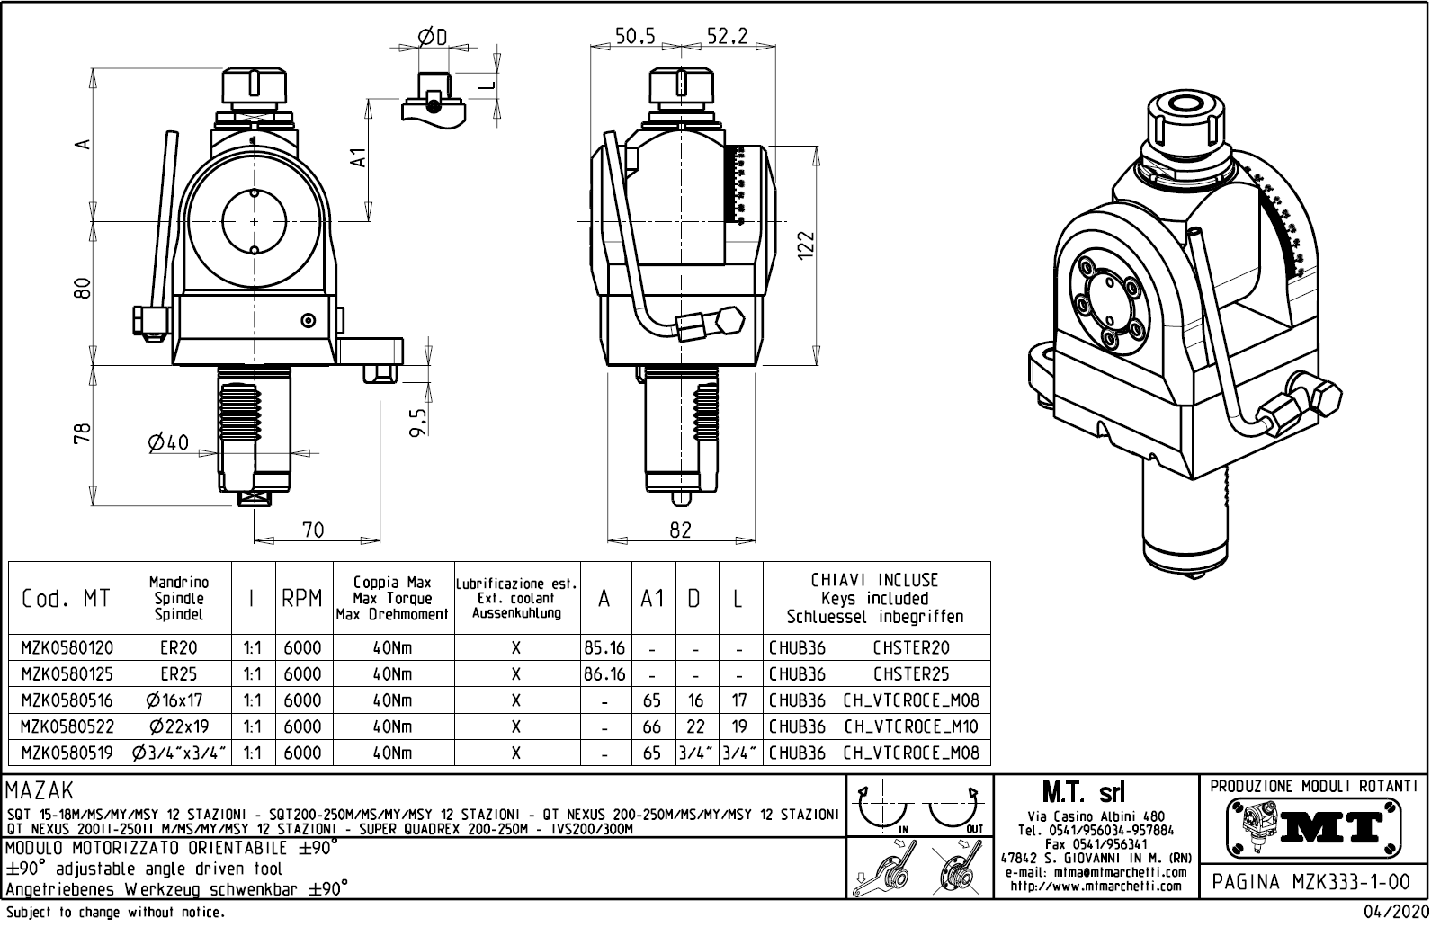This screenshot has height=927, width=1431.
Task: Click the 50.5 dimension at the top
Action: [635, 35]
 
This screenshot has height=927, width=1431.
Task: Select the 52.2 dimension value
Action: [727, 35]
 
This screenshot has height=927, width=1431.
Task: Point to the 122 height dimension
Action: [806, 245]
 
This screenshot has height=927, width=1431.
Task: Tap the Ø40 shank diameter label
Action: [168, 442]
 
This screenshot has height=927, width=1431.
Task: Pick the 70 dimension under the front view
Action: [312, 530]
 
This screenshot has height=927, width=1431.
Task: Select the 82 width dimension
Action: [680, 530]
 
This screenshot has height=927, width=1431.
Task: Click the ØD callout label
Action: [433, 36]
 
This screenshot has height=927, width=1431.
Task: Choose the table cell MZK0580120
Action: [67, 647]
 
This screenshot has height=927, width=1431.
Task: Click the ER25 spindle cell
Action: [179, 673]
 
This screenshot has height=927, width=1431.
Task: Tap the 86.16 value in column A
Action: [604, 673]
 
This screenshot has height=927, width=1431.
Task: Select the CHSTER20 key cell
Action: [911, 647]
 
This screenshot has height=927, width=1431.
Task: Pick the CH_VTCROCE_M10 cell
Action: [911, 726]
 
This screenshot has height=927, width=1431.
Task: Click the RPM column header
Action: [302, 598]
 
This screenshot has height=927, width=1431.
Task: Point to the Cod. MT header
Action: [67, 598]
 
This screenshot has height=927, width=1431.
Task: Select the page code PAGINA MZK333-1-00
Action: [1314, 881]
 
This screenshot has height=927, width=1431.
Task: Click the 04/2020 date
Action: [1393, 913]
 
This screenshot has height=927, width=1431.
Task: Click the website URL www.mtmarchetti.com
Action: [1096, 886]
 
